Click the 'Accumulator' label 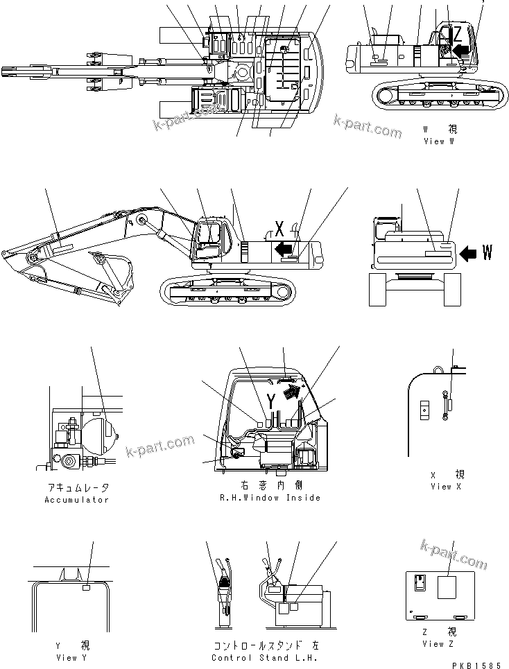77,500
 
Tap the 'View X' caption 440,487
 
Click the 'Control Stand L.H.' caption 264,658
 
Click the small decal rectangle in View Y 87,588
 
